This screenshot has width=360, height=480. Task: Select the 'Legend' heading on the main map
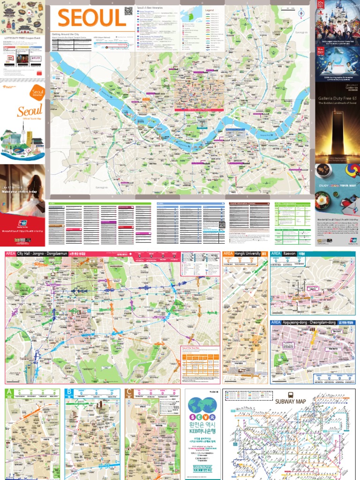pos(209,9)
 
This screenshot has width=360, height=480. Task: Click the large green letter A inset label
pos(9,392)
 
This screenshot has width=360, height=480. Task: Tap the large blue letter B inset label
pos(69,392)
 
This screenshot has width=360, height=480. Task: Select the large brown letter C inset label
pos(129,392)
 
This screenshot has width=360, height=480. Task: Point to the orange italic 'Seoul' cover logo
pos(29,111)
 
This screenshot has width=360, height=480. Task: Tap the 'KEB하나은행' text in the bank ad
pos(204,431)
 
